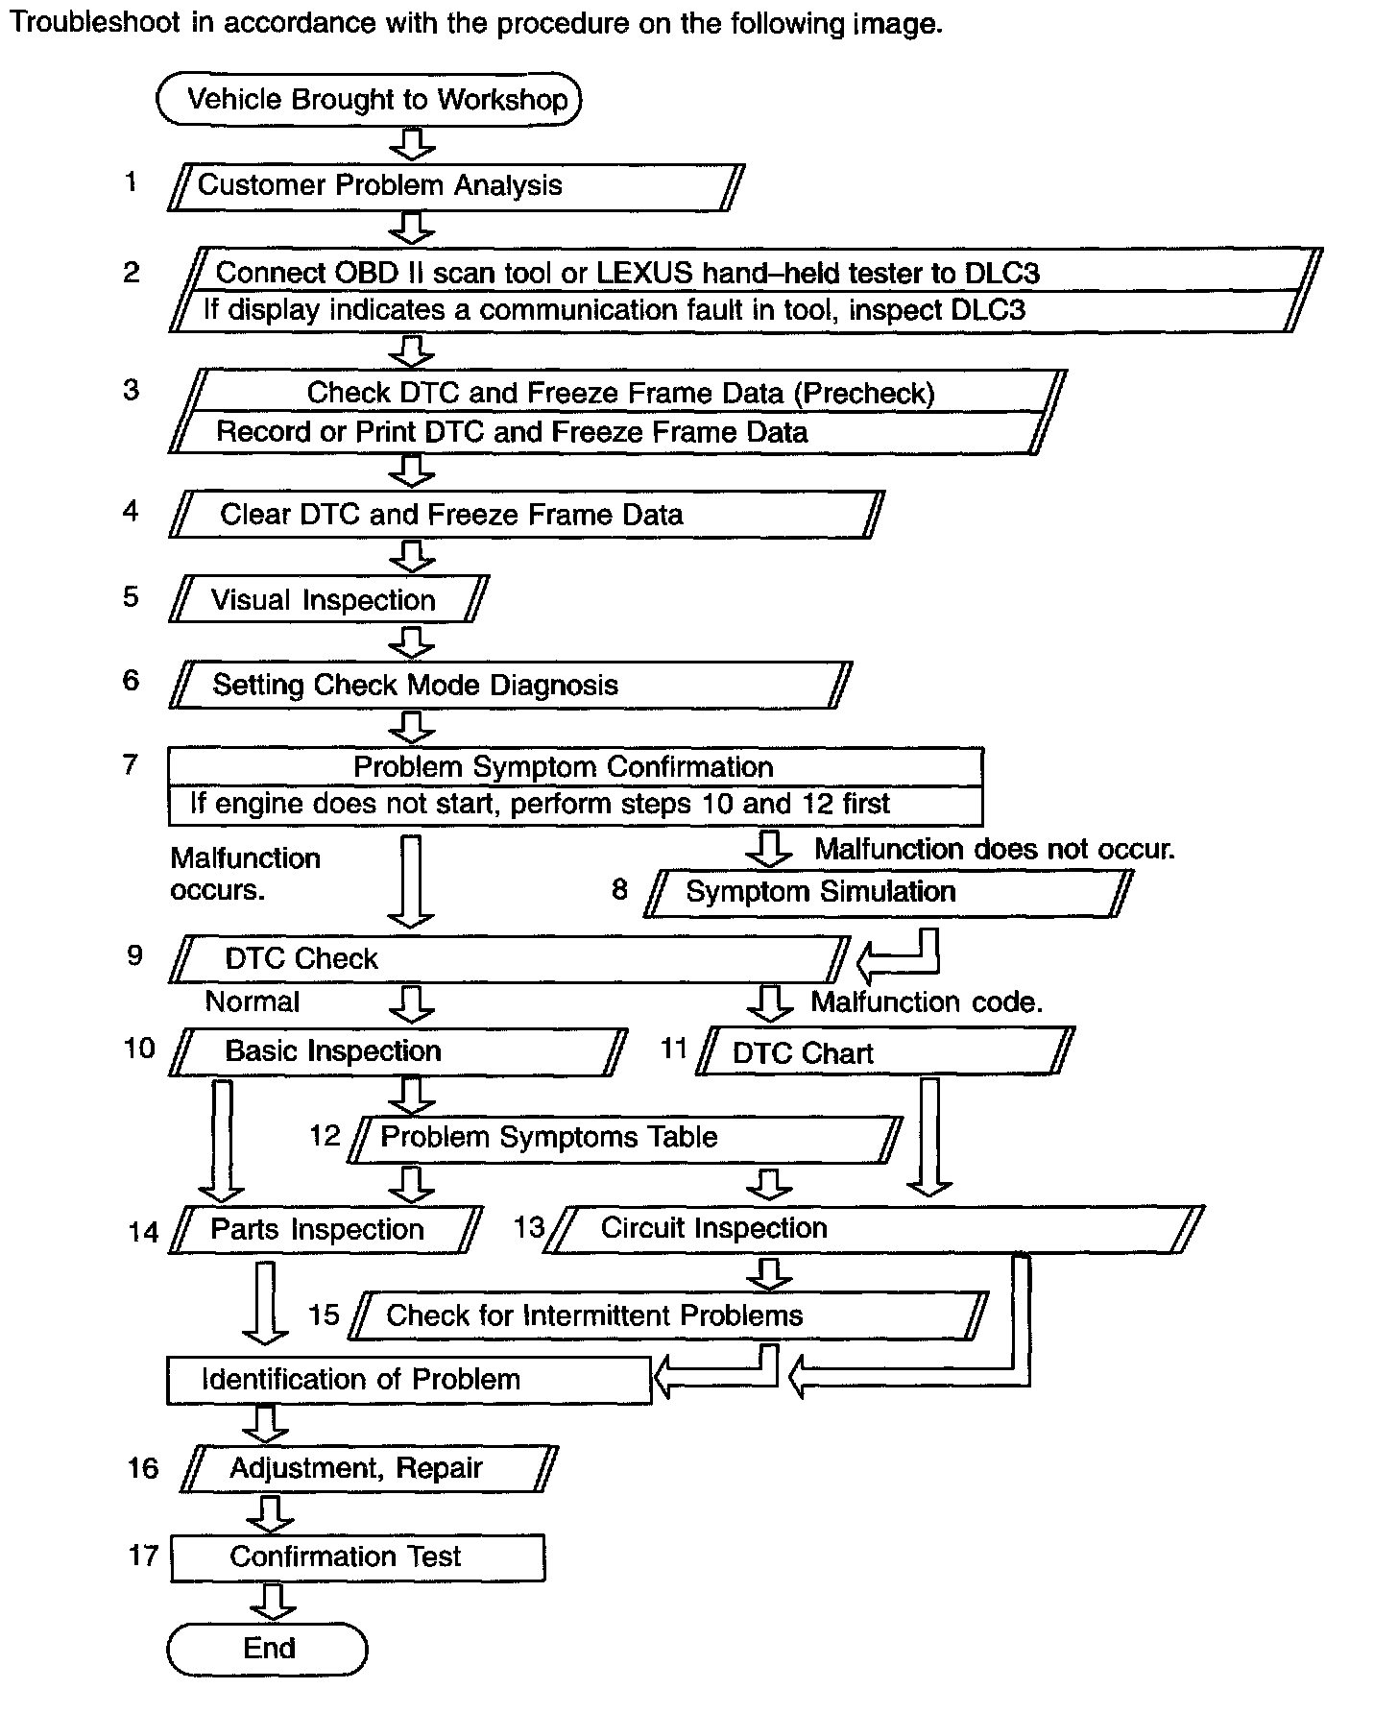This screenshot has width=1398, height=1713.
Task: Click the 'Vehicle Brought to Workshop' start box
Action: point(369,100)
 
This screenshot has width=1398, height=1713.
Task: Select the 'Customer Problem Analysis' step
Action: point(456,186)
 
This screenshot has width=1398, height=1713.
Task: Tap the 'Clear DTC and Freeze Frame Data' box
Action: point(526,515)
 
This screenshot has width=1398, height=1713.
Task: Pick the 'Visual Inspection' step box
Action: point(328,600)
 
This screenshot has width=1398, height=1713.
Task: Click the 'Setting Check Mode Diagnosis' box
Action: point(510,686)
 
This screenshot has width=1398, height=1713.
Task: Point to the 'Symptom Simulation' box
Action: point(887,893)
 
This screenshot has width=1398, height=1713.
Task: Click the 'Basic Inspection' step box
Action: point(398,1051)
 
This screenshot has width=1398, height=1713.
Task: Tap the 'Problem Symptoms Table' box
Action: point(624,1138)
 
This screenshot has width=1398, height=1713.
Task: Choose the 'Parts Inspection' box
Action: point(325,1230)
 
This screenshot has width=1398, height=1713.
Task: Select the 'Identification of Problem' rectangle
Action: point(409,1380)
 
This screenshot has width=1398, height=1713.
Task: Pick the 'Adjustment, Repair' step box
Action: point(369,1468)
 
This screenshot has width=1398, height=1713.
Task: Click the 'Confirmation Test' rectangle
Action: point(357,1556)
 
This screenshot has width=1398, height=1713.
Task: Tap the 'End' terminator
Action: point(268,1649)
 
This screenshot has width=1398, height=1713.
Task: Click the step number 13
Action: point(529,1227)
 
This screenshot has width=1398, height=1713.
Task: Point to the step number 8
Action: point(620,889)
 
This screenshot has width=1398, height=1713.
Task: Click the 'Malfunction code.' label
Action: point(927,1002)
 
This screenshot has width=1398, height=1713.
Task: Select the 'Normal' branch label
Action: point(253,1002)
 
